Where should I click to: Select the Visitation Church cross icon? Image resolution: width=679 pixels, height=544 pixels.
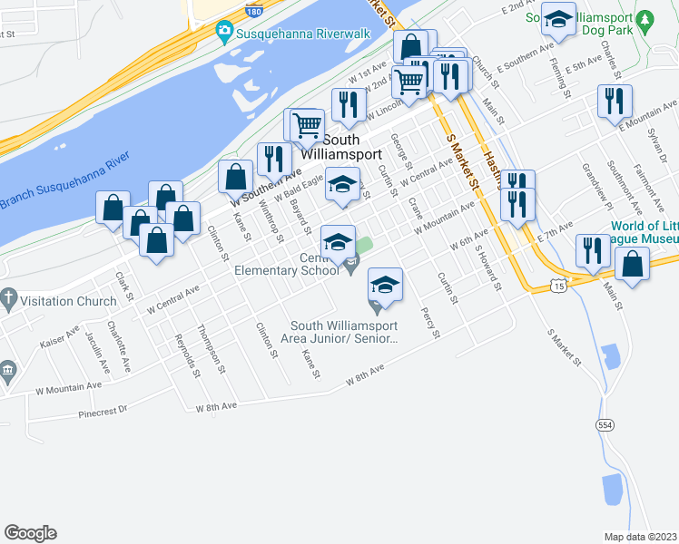pos(8,296)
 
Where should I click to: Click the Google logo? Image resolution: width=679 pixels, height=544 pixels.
pos(30,533)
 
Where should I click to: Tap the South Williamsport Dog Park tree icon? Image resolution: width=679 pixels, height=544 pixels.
pos(645,18)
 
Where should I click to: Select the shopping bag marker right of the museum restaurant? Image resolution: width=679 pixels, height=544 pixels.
pos(633,264)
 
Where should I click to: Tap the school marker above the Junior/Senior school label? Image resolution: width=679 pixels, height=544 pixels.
pos(385,285)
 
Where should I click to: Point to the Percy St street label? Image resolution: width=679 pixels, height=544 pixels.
pos(428,323)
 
